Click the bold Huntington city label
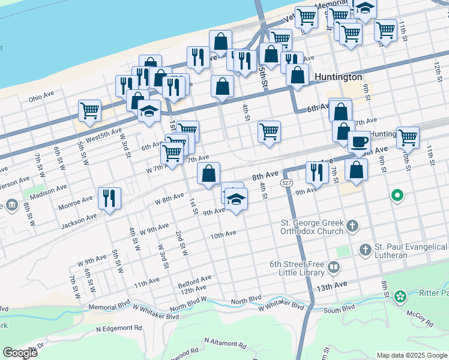[337, 77]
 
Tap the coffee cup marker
[359, 142]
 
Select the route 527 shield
[286, 182]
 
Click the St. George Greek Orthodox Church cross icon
[352, 226]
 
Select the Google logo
[20, 353]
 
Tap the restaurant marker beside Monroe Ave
[109, 198]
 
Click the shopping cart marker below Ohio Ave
[89, 110]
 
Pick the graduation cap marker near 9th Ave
[237, 199]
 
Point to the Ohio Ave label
[41, 97]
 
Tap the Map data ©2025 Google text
[411, 355]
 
